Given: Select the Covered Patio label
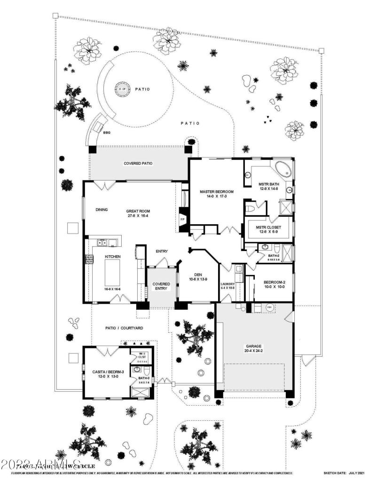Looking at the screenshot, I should (x=138, y=164).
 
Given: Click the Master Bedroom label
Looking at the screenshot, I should (x=217, y=192).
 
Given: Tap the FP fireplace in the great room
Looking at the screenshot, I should (x=182, y=220).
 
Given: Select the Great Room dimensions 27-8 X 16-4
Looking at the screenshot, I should (x=137, y=217).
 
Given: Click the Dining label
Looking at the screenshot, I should (x=102, y=210).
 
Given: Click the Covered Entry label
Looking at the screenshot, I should (x=161, y=287).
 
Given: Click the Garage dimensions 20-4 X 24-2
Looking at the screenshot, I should (x=253, y=350).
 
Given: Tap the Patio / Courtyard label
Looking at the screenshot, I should (x=124, y=328).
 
